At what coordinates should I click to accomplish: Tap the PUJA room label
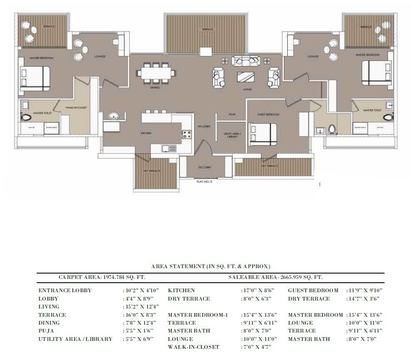point(232,114)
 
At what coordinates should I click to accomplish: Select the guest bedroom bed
point(263,133)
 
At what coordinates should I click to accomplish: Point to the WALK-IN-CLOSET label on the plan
point(76,108)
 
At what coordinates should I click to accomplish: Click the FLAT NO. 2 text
point(204,182)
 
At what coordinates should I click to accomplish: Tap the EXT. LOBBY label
point(204,167)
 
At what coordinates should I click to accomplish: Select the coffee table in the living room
point(246,77)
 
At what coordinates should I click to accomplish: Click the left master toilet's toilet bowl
point(26,117)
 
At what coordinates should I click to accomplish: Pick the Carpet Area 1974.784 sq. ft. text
point(102,277)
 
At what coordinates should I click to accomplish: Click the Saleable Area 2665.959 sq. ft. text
point(275,277)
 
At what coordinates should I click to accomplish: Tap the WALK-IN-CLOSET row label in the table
point(194,347)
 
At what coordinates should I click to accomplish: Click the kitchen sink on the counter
point(166,148)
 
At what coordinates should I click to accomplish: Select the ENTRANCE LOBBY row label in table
point(65,291)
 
